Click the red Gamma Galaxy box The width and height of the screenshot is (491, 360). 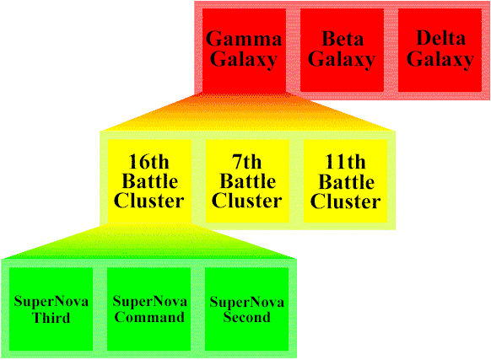coord(244,50)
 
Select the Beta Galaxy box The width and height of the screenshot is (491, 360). coord(342,50)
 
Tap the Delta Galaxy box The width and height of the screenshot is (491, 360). coord(440,50)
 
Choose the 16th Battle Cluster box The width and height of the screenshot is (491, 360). coord(149,181)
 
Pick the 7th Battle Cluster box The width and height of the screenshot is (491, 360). coord(247,181)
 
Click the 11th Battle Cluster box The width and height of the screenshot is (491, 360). coord(346,181)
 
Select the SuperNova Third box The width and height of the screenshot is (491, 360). coord(51,309)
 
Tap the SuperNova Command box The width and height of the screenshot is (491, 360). coord(149,309)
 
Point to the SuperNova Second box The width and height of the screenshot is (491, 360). coord(246,309)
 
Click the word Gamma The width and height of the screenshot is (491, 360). coord(244,39)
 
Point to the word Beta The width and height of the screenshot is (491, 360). coord(343,39)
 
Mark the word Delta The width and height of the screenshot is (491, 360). coord(441,38)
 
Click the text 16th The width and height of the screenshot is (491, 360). coord(149,162)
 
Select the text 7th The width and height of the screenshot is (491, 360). coord(246,162)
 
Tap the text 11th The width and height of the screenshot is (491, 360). coord(345,162)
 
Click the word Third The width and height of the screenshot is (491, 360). coord(51,318)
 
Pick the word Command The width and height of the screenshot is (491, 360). coord(149,317)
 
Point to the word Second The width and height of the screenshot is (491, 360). coord(247,317)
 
